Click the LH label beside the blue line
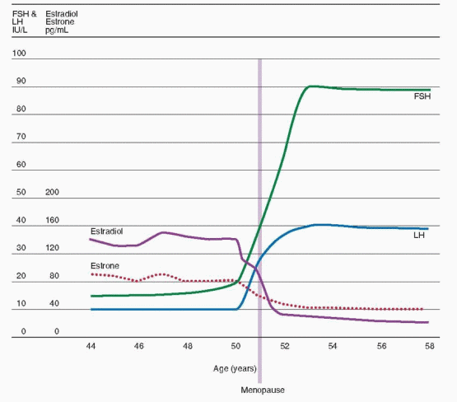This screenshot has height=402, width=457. [x=419, y=236]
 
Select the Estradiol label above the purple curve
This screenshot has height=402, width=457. [x=106, y=231]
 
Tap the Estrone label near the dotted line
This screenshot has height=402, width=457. [x=104, y=266]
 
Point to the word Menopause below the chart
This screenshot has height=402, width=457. [x=260, y=389]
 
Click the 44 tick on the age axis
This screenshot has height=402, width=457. [x=91, y=348]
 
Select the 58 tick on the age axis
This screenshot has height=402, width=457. [x=428, y=348]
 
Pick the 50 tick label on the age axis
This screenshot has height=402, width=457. [x=235, y=348]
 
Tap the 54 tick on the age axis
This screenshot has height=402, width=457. [x=332, y=348]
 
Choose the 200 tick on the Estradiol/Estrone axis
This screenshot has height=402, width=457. [x=54, y=193]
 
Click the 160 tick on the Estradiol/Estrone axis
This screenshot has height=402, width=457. [x=54, y=221]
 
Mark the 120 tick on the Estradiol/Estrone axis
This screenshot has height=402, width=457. [x=54, y=248]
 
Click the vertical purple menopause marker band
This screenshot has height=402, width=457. [x=260, y=165]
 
